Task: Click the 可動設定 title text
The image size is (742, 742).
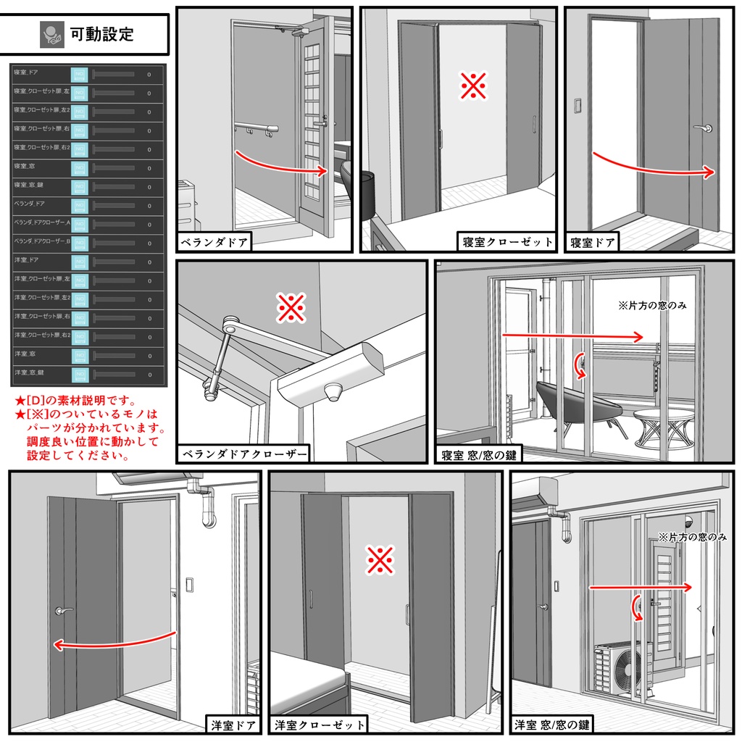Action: click(101, 34)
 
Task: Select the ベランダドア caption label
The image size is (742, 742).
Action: click(214, 242)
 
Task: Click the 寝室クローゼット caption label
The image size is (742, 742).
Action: click(507, 242)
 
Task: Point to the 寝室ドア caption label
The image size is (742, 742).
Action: click(592, 242)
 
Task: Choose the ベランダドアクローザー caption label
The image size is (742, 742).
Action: click(243, 454)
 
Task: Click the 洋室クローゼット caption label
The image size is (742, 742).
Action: click(319, 725)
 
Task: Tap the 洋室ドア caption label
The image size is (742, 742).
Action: click(233, 725)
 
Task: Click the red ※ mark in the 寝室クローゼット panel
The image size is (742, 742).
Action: click(473, 86)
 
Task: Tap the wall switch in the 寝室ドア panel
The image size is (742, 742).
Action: click(578, 105)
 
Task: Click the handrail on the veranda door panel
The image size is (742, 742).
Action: click(257, 128)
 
